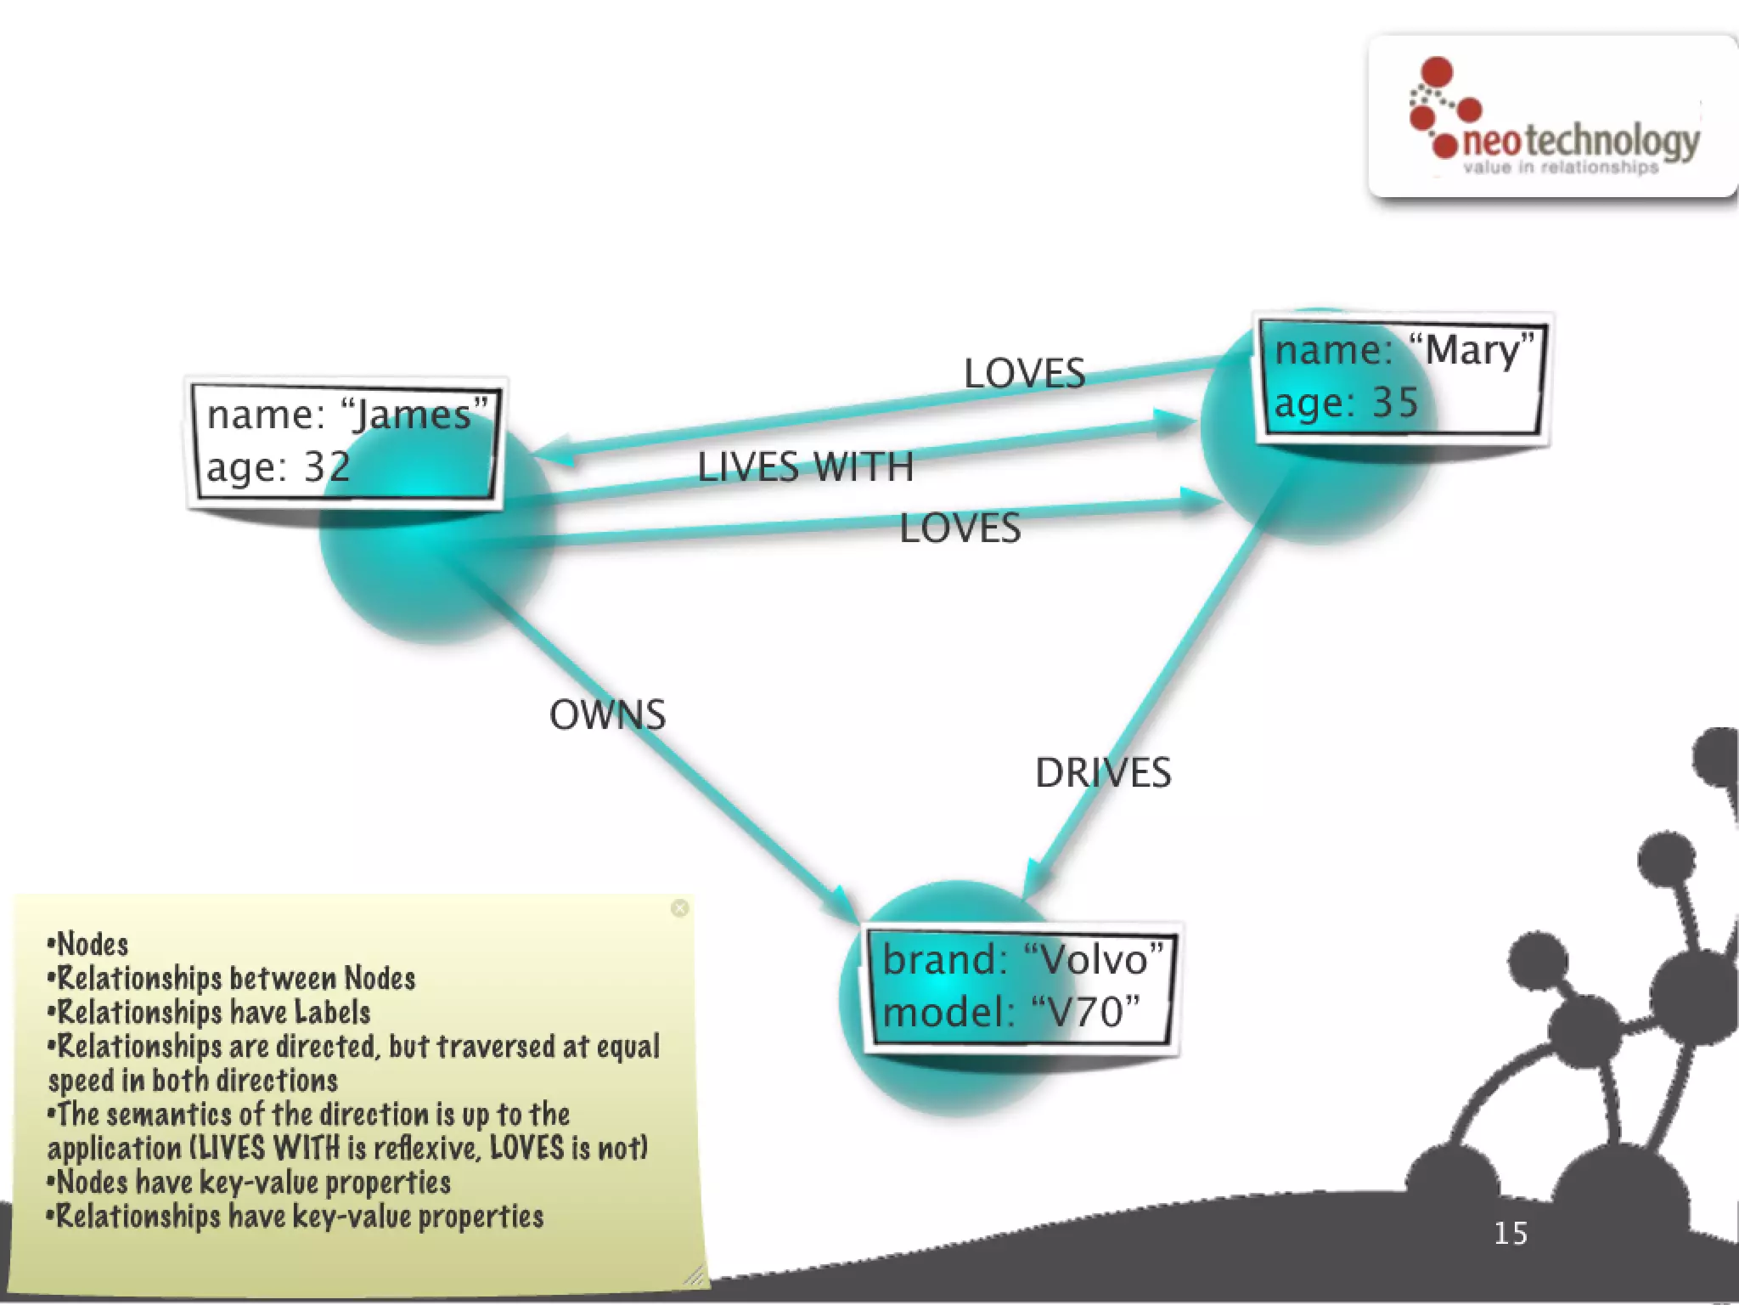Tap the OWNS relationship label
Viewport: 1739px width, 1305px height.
(607, 715)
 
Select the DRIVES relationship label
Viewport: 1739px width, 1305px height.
(1102, 773)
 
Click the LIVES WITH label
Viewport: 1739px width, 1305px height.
(805, 467)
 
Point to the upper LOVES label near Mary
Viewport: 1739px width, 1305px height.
(1024, 374)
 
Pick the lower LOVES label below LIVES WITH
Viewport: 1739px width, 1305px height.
(960, 528)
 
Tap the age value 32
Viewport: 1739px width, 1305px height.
(327, 467)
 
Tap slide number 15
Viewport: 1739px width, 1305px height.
(1510, 1234)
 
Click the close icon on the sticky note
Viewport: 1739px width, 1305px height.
(679, 908)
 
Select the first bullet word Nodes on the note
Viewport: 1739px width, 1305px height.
(92, 945)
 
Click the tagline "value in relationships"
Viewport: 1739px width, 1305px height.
(1561, 167)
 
